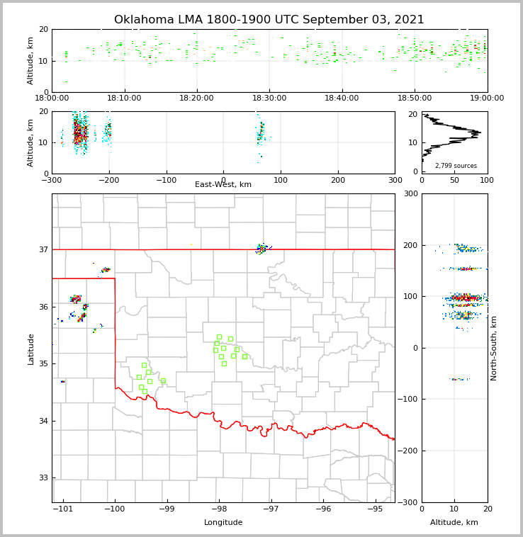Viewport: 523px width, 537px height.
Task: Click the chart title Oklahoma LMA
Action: pos(269,20)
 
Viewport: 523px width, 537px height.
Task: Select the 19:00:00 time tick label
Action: pos(487,98)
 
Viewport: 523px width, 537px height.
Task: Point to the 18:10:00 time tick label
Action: pos(125,98)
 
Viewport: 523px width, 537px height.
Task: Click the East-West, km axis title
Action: pos(223,185)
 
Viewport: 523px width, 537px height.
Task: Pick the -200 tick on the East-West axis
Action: pos(108,180)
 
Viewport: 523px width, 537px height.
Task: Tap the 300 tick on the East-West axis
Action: pos(395,180)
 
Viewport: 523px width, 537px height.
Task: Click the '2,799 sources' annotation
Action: pos(456,166)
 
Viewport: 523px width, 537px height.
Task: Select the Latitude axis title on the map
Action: pos(30,349)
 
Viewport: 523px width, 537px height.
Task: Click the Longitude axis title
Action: pos(223,523)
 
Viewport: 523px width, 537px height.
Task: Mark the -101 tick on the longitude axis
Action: pos(63,509)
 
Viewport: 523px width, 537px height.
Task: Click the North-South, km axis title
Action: pos(494,348)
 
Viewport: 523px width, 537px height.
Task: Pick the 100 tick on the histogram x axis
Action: pos(487,180)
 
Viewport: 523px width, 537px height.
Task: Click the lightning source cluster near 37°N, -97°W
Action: pos(262,248)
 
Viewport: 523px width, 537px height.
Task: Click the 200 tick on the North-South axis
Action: pos(410,245)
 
